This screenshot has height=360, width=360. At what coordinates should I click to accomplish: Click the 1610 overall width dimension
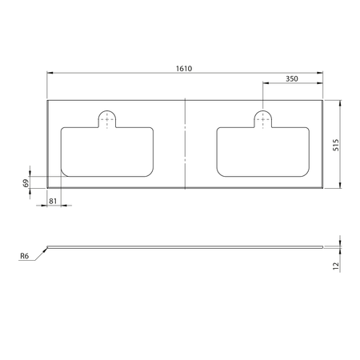185,69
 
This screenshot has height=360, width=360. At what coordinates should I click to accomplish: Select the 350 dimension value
292,79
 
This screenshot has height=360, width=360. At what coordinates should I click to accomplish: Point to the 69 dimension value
26,183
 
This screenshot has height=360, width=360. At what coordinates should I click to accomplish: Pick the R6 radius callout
25,256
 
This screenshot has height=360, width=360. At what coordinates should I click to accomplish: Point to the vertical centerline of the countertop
185,145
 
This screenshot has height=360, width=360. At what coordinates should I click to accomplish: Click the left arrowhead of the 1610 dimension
50,74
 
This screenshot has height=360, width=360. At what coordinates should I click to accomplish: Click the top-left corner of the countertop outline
48,101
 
